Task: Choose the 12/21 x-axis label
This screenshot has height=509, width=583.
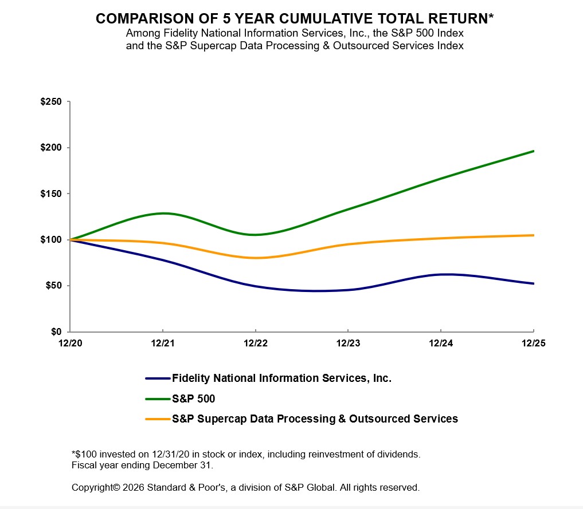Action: pos(162,344)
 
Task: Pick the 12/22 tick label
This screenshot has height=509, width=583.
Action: pos(255,344)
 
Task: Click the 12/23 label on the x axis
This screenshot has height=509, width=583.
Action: pos(347,344)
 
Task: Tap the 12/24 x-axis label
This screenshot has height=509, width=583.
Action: pos(440,344)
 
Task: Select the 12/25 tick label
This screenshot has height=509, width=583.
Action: pos(533,344)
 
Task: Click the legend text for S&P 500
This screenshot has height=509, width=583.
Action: pos(193,398)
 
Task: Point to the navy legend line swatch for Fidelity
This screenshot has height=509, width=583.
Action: pos(158,378)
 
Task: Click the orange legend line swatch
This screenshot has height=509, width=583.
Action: pos(158,419)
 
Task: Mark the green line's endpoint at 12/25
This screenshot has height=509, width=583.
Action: pos(533,151)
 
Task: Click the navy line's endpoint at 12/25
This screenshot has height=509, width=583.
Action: pos(533,283)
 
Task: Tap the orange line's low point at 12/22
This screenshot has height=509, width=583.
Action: pos(255,258)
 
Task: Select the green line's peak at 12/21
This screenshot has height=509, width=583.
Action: pos(163,214)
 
